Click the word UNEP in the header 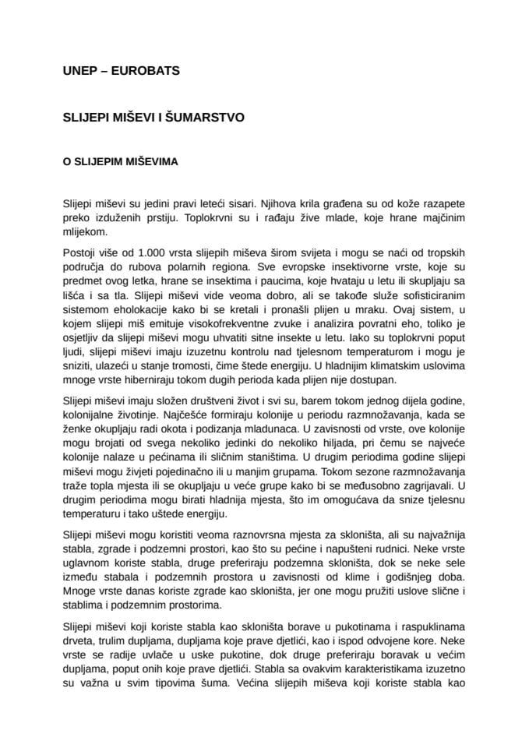point(77,71)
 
